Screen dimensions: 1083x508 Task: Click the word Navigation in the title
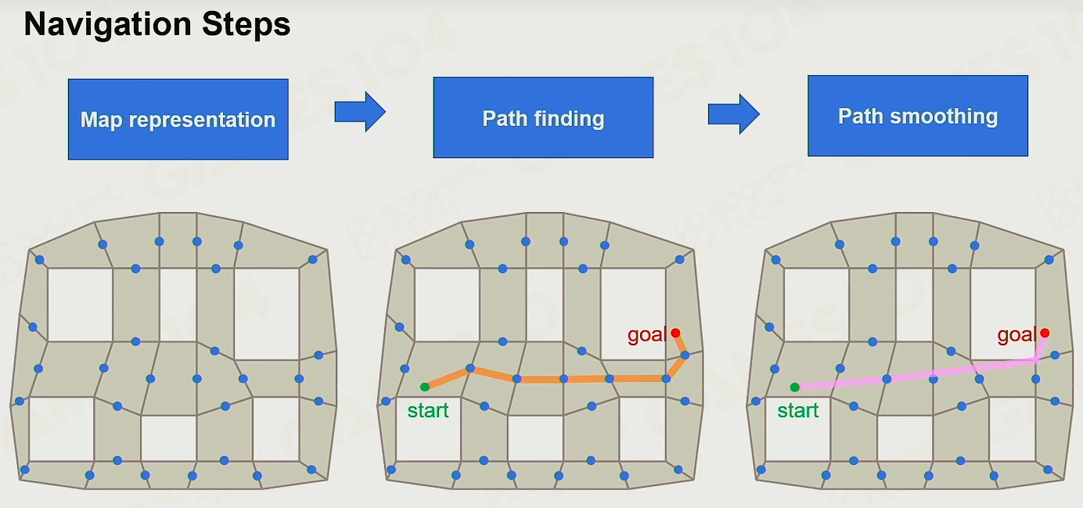[x=107, y=25]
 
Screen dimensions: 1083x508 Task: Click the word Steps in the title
[x=246, y=25]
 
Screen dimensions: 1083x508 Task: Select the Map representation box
[x=178, y=119]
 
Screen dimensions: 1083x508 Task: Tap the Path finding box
[x=543, y=117]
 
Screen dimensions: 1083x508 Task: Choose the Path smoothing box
[x=918, y=116]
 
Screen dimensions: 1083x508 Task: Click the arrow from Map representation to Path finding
[x=360, y=112]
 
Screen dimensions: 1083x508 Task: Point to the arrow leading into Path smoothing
[x=734, y=114]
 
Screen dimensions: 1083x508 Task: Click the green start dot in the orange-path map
[x=424, y=387]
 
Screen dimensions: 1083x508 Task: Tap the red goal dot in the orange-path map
[x=675, y=333]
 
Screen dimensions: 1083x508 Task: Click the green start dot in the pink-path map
[x=794, y=387]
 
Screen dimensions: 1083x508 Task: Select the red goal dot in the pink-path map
[x=1045, y=333]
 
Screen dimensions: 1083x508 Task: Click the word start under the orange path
[x=428, y=411]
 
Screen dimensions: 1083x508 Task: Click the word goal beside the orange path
[x=647, y=335]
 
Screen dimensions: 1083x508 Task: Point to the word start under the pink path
[x=797, y=411]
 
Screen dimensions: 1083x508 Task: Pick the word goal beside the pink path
[x=1016, y=335]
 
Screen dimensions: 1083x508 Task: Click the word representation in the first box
[x=202, y=121]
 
